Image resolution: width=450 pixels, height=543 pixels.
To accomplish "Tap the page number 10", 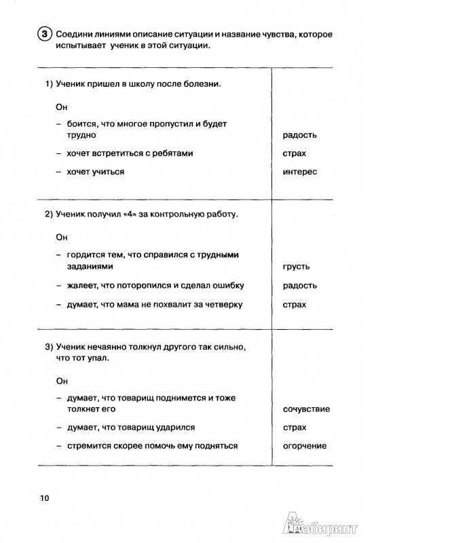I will click(x=45, y=499).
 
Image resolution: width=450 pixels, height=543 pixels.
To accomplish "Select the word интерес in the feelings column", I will click(x=299, y=172).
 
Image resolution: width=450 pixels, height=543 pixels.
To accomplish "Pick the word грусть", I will click(x=296, y=267).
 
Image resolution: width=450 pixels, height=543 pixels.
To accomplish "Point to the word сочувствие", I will click(x=306, y=409).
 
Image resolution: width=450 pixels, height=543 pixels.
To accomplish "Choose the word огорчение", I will click(x=304, y=446).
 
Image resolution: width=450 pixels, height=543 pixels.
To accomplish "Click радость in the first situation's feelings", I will click(x=299, y=135).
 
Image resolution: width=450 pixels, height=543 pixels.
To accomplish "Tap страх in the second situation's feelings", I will click(x=294, y=305).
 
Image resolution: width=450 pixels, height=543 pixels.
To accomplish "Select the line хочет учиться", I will click(x=95, y=172).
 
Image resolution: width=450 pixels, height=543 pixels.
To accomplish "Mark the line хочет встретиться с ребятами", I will click(x=130, y=153).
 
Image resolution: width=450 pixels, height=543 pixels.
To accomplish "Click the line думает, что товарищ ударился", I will click(x=130, y=428).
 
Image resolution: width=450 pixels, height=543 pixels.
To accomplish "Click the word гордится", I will click(x=86, y=255).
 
